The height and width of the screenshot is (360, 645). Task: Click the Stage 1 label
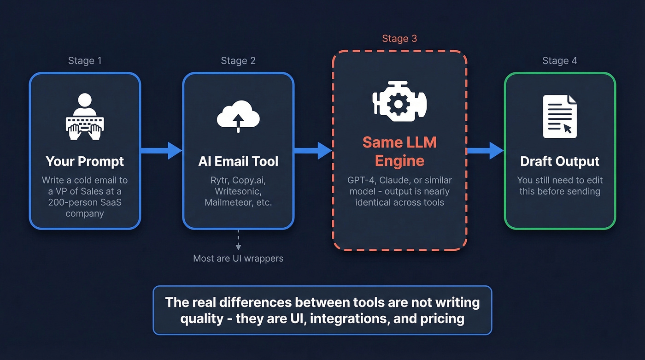click(85, 61)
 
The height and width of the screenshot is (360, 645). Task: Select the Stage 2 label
click(238, 61)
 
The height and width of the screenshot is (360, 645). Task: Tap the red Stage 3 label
click(399, 39)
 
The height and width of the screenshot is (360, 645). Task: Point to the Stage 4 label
click(560, 61)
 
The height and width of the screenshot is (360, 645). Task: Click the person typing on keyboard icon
click(85, 117)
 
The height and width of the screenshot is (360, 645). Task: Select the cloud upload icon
click(238, 117)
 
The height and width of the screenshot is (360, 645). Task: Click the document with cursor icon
click(560, 117)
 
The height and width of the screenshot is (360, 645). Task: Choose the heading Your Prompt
click(85, 161)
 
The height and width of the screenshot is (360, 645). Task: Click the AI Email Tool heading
click(238, 161)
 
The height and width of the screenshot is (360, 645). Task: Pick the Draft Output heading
click(560, 161)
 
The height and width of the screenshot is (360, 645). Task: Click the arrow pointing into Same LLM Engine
click(313, 151)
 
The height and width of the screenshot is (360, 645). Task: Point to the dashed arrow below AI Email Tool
click(238, 241)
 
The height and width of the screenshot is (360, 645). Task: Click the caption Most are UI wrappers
click(238, 258)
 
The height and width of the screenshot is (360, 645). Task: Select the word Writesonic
click(238, 191)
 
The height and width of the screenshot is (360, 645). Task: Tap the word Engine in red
click(399, 161)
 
